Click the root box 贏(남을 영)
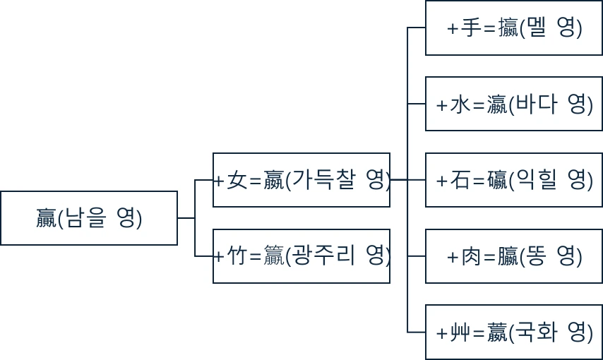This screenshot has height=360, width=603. (89, 218)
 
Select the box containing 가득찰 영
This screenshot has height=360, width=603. (301, 180)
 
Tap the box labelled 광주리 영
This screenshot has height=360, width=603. (301, 256)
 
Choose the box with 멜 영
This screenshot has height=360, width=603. (513, 28)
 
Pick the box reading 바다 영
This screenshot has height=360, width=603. (513, 104)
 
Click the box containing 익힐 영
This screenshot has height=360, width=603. (513, 180)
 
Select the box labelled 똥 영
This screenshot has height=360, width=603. (513, 256)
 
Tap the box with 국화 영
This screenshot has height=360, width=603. (513, 332)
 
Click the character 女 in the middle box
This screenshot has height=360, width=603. (237, 181)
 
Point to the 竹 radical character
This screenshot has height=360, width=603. (237, 257)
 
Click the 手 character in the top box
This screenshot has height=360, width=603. (470, 29)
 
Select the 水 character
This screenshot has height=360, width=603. (460, 105)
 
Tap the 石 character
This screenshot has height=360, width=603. (460, 181)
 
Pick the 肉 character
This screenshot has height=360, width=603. (470, 257)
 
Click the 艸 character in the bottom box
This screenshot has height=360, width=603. (460, 332)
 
